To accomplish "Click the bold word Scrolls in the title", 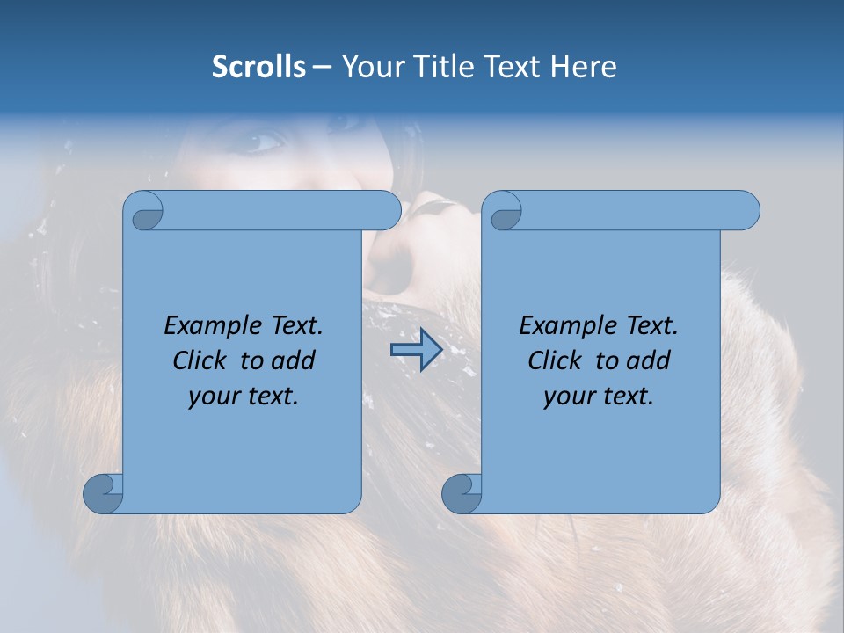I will click(x=258, y=67).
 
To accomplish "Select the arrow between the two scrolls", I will click(x=416, y=350).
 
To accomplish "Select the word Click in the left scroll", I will click(x=201, y=361).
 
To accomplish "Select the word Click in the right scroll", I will click(x=557, y=361).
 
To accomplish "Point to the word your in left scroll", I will click(x=213, y=397).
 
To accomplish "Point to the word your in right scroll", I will click(x=568, y=397).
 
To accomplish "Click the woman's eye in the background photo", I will click(x=269, y=141).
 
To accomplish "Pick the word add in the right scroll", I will click(x=649, y=361).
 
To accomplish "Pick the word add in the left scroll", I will click(x=294, y=361).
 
